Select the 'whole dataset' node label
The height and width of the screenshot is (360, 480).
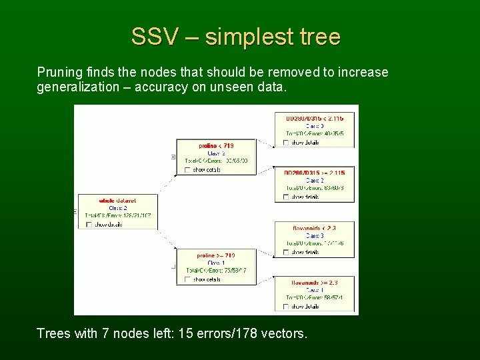click(x=117, y=200)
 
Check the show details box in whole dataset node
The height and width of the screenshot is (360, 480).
click(x=89, y=225)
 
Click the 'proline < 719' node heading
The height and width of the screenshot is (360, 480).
click(x=216, y=145)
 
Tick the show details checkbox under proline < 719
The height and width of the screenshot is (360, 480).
click(x=188, y=170)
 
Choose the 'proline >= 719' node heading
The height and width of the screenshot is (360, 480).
click(x=216, y=255)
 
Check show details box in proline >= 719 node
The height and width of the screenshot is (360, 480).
click(x=188, y=279)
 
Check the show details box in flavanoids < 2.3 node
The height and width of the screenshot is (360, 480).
click(x=287, y=252)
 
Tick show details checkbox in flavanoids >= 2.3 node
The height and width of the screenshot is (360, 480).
click(x=287, y=307)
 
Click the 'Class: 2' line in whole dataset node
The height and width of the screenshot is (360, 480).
click(x=117, y=208)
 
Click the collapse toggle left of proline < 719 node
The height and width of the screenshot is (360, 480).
click(x=173, y=157)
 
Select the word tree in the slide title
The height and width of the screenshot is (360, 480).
click(x=319, y=37)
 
